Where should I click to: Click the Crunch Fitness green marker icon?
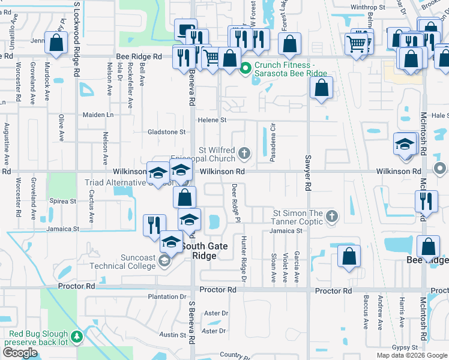245,68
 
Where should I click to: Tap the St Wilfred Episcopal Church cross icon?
244,153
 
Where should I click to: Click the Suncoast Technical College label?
122,262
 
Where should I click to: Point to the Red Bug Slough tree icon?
76,338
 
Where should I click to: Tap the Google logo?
20,353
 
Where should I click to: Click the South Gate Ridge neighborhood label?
204,251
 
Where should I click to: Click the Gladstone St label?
167,132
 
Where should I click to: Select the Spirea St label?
62,201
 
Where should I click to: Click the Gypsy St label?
404,347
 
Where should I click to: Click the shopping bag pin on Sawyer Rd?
322,88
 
